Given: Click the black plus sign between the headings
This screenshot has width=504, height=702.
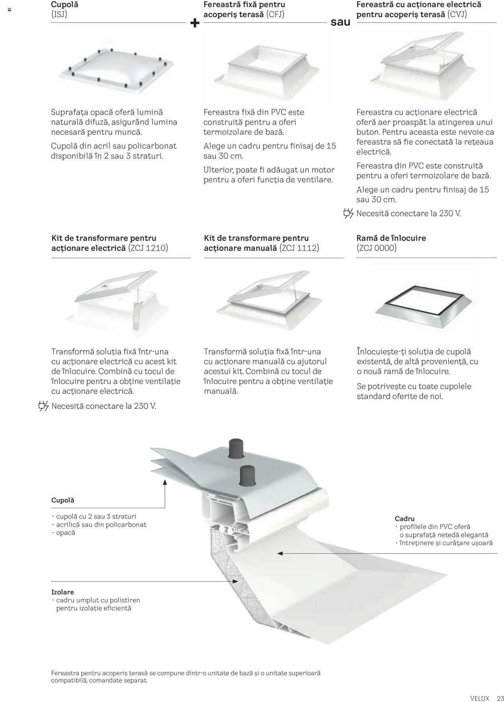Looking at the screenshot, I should (195, 23).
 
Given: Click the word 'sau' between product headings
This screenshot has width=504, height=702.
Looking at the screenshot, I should (340, 22).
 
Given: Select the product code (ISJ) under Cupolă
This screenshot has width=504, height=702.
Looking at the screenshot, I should (59, 15).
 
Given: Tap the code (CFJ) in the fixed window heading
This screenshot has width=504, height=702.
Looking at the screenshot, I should (275, 15).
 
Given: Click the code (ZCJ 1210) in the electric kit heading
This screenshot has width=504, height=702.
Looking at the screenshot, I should (148, 248).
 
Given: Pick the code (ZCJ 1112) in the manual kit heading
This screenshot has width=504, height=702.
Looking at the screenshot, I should (299, 248).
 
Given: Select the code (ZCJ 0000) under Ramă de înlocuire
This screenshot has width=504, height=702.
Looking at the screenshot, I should (377, 248).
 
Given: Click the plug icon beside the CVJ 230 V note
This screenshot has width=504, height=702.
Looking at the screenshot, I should (348, 214).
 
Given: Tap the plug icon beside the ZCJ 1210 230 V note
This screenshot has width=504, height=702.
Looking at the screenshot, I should (43, 406).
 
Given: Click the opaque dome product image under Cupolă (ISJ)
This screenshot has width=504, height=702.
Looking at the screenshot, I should (117, 69).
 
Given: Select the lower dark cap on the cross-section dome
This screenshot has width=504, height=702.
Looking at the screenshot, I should (246, 475).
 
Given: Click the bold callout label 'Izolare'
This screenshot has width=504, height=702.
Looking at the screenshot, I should (63, 592).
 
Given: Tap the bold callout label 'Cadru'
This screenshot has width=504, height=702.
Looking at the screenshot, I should (404, 519).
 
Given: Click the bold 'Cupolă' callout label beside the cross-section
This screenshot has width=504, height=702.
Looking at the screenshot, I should (63, 500).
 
